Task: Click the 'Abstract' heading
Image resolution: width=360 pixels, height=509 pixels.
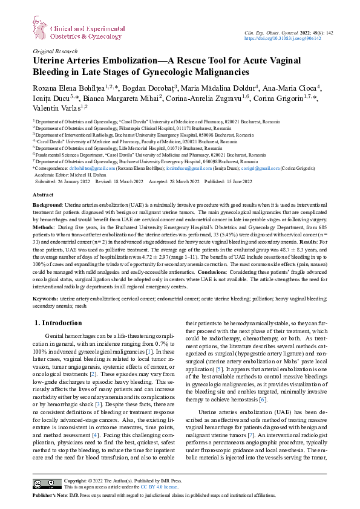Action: pyautogui.click(x=42, y=196)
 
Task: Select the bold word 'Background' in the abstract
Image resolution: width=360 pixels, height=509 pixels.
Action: pyautogui.click(x=47, y=206)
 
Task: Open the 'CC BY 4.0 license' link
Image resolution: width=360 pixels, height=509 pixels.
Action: pyautogui.click(x=159, y=486)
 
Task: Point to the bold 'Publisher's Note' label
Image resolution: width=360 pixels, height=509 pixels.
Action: pyautogui.click(x=52, y=494)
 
